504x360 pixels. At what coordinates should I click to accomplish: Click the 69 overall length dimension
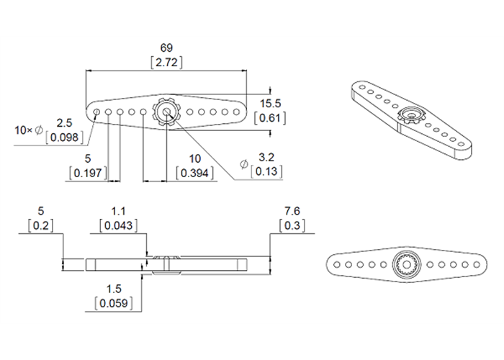[x=166, y=48]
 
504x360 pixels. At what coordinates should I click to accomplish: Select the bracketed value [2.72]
[x=166, y=63]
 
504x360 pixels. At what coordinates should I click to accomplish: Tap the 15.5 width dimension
[x=270, y=103]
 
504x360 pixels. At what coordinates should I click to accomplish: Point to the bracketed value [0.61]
[x=270, y=117]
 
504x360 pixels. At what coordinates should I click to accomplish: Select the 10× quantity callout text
[x=24, y=130]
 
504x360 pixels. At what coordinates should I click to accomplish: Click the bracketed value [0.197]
[x=86, y=173]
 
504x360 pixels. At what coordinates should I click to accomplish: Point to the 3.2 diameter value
[x=266, y=157]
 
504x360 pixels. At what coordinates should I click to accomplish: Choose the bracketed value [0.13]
[x=266, y=171]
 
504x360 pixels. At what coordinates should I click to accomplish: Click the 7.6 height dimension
[x=292, y=211]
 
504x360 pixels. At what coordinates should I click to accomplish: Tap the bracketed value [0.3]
[x=292, y=225]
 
